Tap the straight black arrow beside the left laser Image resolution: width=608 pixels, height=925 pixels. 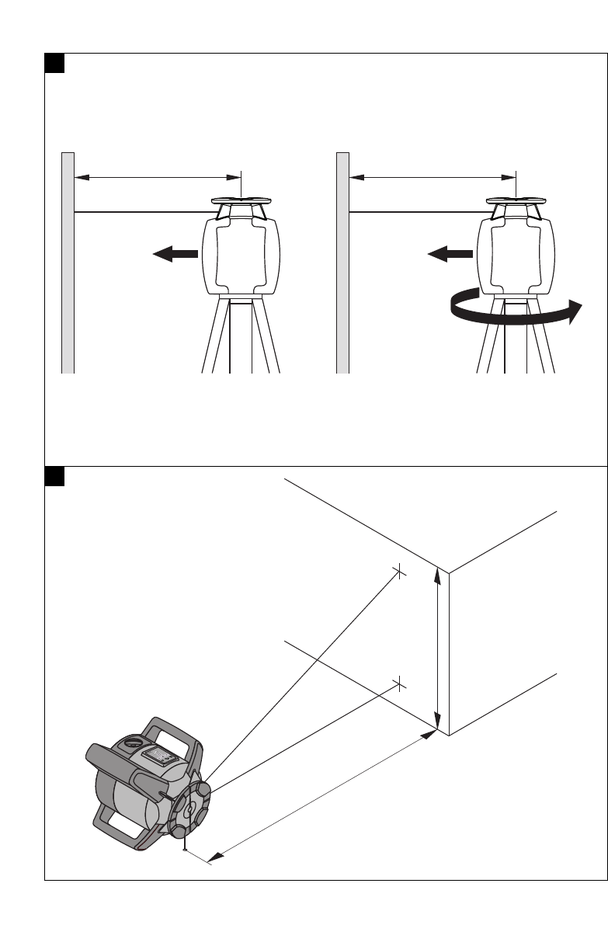175,253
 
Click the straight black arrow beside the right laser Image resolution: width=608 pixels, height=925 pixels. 450,253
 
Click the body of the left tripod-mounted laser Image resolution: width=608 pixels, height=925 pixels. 241,256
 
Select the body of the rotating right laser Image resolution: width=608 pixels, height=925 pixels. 516,256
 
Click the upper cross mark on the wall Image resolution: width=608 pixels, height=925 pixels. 398,572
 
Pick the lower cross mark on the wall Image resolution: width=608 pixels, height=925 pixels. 399,683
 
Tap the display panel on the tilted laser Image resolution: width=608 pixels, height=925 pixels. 164,756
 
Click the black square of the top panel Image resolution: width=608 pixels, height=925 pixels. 54,63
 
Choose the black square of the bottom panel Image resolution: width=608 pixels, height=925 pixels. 54,475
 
